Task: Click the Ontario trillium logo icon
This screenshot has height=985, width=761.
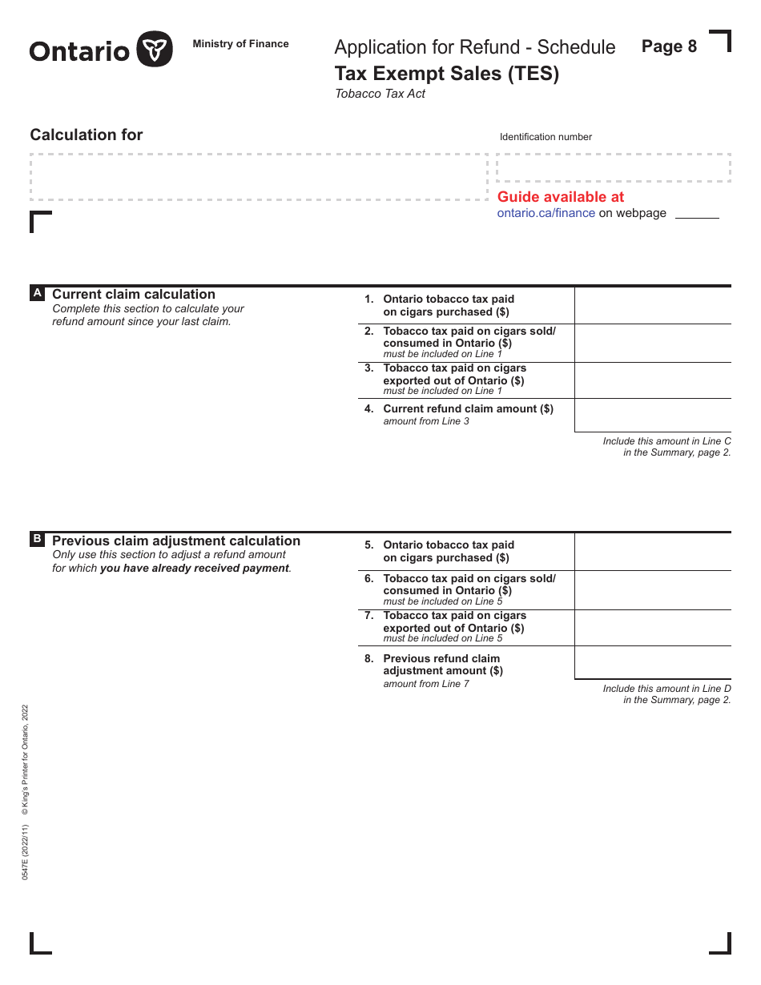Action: point(155,50)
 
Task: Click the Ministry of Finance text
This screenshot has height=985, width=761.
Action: point(240,44)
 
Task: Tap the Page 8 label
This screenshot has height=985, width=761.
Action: point(669,46)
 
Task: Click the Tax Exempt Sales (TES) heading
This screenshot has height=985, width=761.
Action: point(446,74)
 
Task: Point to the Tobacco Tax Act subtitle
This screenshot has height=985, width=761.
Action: point(380,94)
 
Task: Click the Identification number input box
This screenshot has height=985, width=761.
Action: point(613,168)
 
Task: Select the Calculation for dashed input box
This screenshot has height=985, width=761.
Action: point(258,177)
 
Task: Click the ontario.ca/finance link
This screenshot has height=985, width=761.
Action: point(546,213)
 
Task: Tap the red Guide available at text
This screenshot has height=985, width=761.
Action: point(560,197)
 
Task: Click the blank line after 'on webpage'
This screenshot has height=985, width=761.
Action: point(696,214)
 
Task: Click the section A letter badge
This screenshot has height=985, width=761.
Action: point(37,294)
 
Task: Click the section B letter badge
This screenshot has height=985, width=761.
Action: point(37,540)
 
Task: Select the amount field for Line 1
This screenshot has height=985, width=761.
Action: point(652,305)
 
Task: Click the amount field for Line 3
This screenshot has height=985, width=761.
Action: point(652,380)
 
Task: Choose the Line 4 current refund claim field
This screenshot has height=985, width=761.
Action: point(652,415)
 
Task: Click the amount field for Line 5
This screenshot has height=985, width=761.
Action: point(652,552)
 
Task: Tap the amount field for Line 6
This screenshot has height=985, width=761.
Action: point(652,590)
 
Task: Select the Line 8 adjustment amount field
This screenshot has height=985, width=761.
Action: point(652,662)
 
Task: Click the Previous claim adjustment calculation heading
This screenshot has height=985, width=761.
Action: point(176,541)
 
